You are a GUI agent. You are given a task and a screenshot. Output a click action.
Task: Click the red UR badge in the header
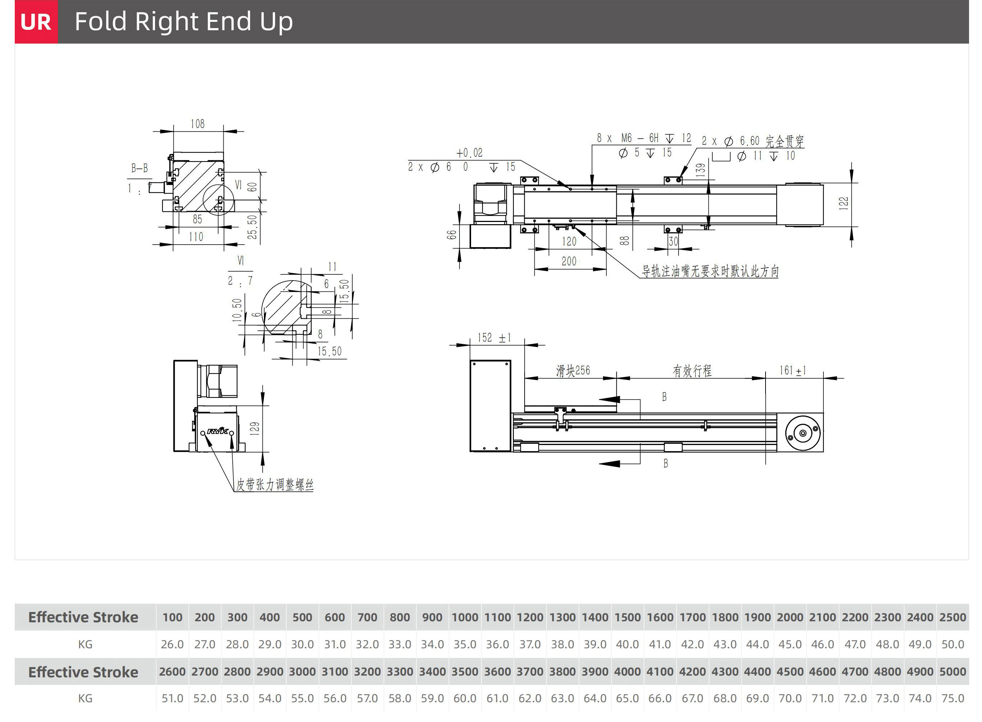pos(36,22)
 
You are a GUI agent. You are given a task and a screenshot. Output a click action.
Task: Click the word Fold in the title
pos(100,22)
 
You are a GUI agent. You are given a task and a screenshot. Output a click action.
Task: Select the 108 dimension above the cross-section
pos(197,124)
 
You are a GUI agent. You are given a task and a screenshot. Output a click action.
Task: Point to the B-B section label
pos(140,168)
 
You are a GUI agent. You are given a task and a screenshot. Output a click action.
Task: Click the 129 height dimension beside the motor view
pos(255,428)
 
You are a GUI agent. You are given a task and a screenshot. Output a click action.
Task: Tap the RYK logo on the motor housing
pos(218,431)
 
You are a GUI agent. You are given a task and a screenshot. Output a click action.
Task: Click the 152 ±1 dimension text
pos(494,338)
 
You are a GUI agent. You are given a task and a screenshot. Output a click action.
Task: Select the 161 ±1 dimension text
pos(793,371)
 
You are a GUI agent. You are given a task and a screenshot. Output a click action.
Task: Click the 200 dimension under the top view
pos(569,262)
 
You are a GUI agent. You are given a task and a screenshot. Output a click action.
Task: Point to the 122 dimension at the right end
pos(844,203)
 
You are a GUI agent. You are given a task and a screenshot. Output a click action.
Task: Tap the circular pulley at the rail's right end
pos(803,433)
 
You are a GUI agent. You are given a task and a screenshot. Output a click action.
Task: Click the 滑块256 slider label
pos(573,371)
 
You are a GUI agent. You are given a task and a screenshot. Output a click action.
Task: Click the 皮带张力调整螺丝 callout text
pos(275,485)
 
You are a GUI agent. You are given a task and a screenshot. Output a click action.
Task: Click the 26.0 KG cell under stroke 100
pos(172,644)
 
